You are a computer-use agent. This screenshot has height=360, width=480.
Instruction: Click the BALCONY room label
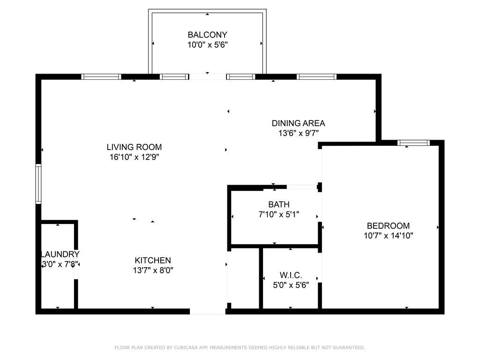[x=207, y=35]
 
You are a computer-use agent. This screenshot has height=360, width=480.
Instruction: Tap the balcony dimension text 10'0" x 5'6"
[x=207, y=45]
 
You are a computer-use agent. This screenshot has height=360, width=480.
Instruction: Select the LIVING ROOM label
[x=134, y=147]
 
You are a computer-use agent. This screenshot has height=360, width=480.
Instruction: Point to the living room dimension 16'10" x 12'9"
[x=134, y=157]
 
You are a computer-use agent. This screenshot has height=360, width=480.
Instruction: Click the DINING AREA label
[x=299, y=123]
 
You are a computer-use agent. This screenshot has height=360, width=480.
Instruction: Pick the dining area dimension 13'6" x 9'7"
[x=299, y=133]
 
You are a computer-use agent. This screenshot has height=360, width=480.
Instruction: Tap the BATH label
[x=279, y=204]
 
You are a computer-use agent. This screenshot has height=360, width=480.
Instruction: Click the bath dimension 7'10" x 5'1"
[x=279, y=214]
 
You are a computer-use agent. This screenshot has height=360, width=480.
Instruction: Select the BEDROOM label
[x=388, y=225]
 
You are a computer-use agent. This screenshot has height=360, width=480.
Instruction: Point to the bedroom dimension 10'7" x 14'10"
[x=388, y=236]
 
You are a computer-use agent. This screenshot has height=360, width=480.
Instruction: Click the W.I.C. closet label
[x=291, y=275]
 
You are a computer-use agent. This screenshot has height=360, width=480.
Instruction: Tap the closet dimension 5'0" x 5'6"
[x=291, y=285]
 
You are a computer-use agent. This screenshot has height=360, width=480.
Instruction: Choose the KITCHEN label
[x=153, y=260]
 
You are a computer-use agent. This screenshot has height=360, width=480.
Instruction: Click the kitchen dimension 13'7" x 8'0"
[x=153, y=270]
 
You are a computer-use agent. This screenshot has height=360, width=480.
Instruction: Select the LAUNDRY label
[x=60, y=254]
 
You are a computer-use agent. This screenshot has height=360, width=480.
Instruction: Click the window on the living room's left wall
[x=38, y=184]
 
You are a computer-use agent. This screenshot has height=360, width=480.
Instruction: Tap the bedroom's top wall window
[x=413, y=142]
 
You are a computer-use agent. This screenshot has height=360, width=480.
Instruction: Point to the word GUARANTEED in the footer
[x=349, y=347]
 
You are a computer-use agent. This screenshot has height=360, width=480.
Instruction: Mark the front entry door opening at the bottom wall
[x=208, y=312]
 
